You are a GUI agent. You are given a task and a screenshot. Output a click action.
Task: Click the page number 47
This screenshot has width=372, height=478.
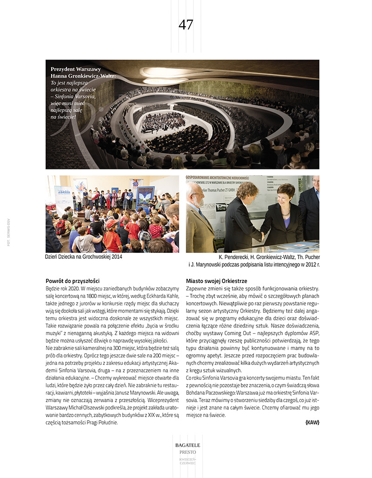coord(186,25)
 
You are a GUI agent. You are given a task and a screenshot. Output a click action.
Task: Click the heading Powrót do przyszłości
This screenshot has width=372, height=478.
coord(73,281)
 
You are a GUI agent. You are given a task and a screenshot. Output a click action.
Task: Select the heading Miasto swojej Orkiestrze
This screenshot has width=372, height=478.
coord(217,281)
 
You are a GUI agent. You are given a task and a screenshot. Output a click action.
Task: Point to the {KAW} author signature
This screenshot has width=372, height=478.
coord(312,422)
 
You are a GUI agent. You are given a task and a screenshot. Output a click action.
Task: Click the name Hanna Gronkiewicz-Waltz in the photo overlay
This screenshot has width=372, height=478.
coord(82,76)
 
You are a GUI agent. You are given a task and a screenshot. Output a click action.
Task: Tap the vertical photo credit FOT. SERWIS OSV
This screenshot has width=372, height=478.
coord(8,232)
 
